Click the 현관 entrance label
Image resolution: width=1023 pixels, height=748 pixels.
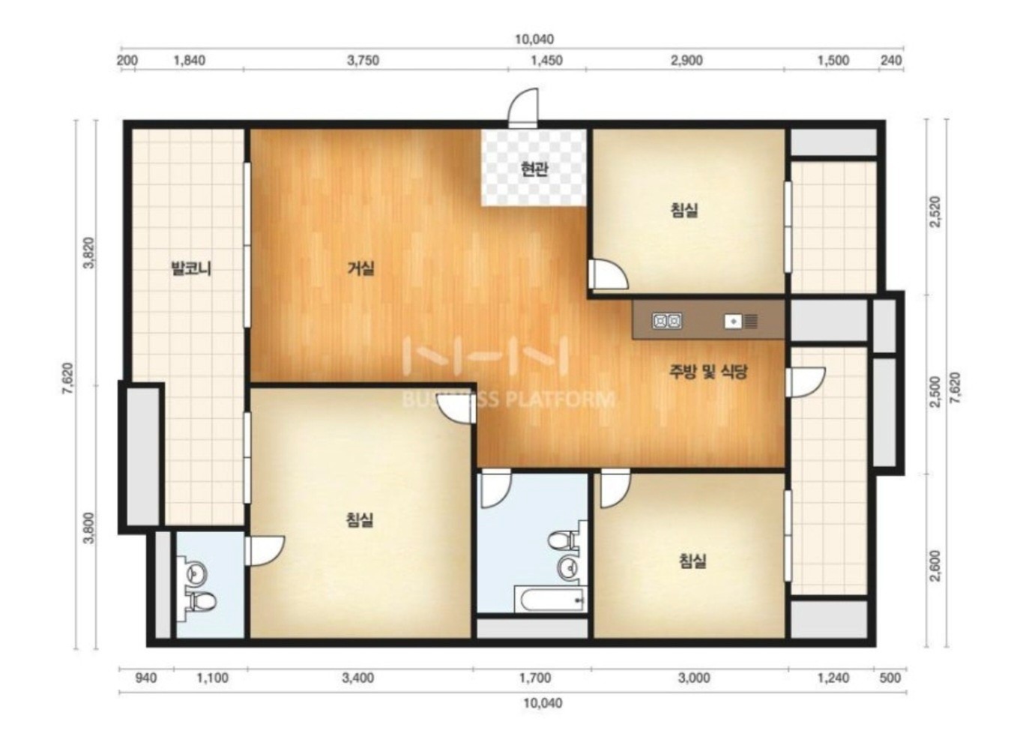click(x=534, y=169)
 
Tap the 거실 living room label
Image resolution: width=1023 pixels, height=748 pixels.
click(x=361, y=268)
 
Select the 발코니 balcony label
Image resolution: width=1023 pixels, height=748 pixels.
click(x=190, y=268)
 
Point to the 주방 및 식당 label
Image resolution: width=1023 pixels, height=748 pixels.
click(x=708, y=372)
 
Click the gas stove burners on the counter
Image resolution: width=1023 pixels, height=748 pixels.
click(x=667, y=322)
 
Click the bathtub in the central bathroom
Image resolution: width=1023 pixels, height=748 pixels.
click(x=550, y=599)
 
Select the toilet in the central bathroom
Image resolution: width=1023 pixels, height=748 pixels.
click(x=564, y=541)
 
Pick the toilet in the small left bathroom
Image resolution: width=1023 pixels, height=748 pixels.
click(x=202, y=601)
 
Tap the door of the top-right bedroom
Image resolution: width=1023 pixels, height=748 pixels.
click(x=607, y=274)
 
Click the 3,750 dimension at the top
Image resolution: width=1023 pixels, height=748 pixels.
click(x=363, y=60)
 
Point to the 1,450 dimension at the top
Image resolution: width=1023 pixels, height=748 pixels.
click(x=546, y=60)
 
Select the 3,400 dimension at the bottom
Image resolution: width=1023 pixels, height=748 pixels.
click(x=358, y=678)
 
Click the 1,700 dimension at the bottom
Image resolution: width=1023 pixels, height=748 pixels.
click(x=535, y=678)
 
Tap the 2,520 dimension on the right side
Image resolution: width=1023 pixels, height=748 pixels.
click(x=936, y=211)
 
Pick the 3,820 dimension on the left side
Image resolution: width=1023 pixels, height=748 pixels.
click(x=90, y=253)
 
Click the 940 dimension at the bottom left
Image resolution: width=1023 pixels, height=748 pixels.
click(x=146, y=678)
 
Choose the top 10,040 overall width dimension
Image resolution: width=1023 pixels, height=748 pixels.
click(x=534, y=39)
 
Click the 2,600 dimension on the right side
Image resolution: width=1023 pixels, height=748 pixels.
click(x=936, y=567)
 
